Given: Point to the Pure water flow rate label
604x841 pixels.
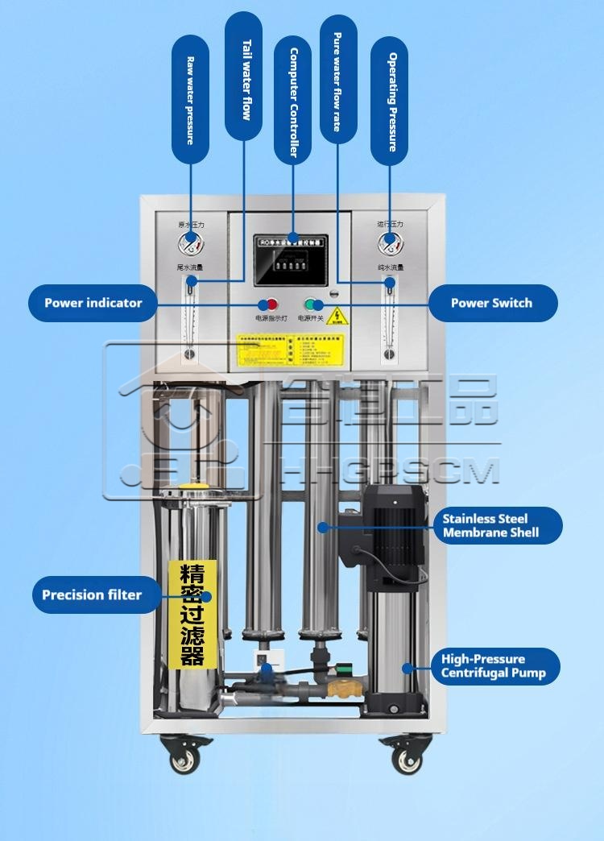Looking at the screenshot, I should tap(337, 81).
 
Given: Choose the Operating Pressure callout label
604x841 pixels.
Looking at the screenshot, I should tap(390, 101).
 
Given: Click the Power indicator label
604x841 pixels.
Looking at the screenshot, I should tap(92, 303).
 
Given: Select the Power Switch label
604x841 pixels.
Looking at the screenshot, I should tap(491, 303).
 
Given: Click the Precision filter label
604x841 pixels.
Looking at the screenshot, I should tap(92, 595).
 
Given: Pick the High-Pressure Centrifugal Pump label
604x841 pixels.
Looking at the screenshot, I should tap(494, 666).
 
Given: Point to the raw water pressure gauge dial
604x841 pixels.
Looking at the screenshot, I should tap(191, 239).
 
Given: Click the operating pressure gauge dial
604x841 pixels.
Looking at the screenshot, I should tap(389, 239).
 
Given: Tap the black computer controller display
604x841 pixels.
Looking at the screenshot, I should tap(291, 260).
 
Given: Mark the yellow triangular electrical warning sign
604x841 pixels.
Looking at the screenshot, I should tap(338, 313).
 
